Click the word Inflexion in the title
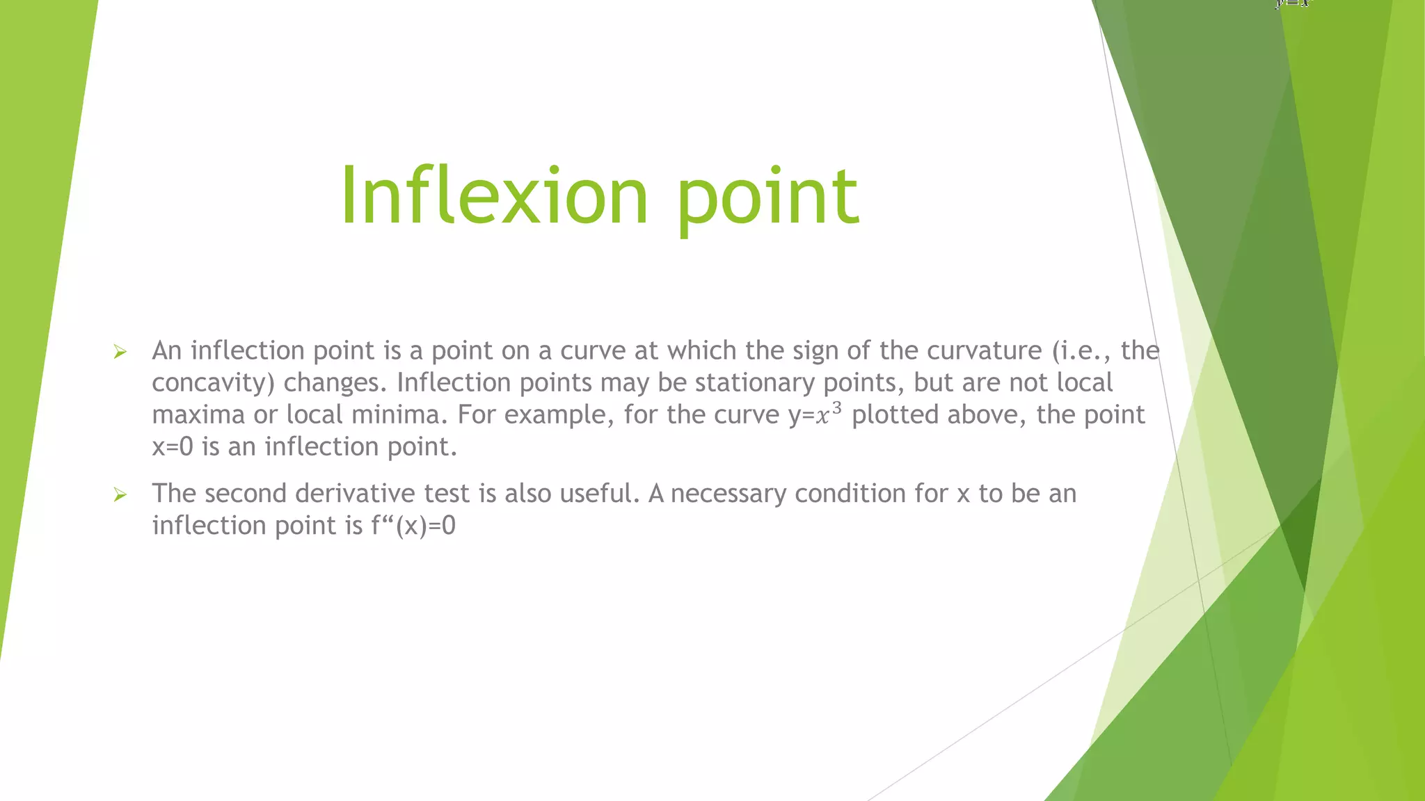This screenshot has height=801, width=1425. pyautogui.click(x=494, y=196)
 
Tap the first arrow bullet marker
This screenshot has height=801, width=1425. pyautogui.click(x=120, y=353)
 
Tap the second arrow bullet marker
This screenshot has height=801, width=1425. pyautogui.click(x=120, y=495)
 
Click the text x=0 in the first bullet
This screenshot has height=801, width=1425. pyautogui.click(x=172, y=447)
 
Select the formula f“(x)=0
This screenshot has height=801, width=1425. pyautogui.click(x=413, y=526)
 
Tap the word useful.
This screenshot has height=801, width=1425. pyautogui.click(x=598, y=494)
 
